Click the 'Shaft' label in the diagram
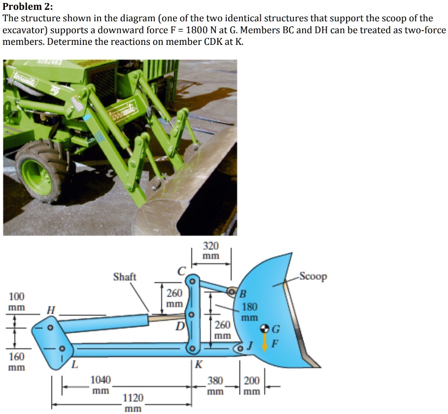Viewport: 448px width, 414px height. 124,277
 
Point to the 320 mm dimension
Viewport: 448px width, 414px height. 211,251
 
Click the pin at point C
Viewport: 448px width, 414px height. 193,281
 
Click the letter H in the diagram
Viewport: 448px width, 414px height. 50,310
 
